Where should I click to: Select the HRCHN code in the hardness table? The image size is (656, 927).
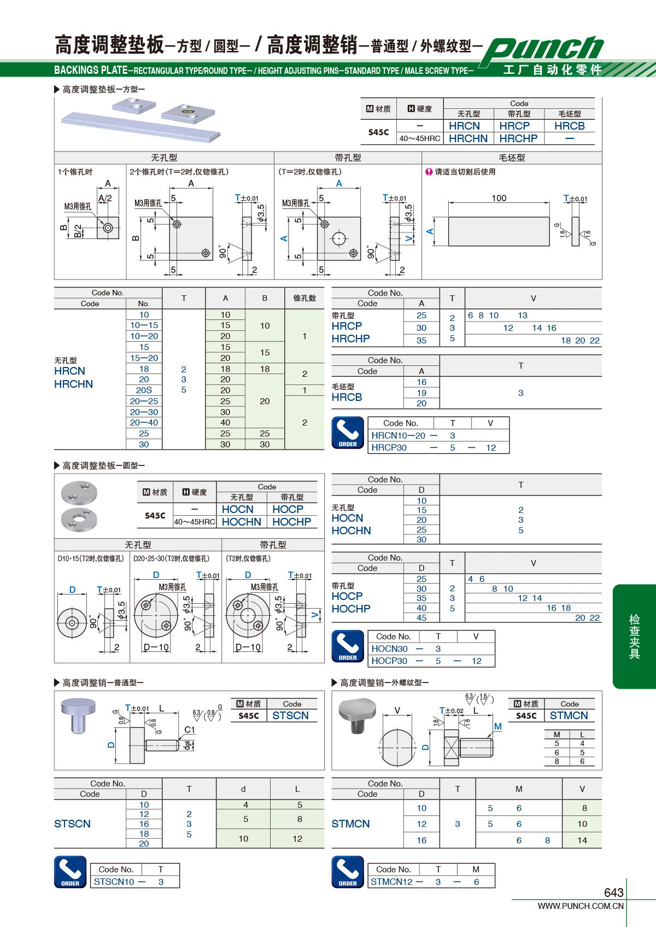468,138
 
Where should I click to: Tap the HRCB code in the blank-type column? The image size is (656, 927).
570,126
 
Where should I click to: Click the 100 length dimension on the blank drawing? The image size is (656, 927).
499,198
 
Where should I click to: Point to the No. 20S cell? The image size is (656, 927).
144,390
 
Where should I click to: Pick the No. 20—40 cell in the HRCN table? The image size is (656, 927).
144,423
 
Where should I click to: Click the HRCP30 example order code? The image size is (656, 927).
389,447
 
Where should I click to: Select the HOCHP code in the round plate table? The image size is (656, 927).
291,522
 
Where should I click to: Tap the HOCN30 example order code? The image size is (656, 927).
389,649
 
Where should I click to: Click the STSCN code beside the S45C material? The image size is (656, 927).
290,715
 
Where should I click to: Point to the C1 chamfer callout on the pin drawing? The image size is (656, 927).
190,730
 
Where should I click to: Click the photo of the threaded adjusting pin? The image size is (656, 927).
357,715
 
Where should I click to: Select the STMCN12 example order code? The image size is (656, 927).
391,882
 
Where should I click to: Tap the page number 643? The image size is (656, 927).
613,893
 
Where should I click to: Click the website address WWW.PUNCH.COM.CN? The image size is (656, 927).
581,906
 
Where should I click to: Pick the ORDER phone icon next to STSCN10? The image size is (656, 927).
71,872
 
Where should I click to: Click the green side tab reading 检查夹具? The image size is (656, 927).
634,637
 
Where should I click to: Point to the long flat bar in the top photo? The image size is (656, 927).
140,127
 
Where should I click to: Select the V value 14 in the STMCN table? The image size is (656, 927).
582,840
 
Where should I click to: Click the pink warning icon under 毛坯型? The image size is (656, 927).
429,172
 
